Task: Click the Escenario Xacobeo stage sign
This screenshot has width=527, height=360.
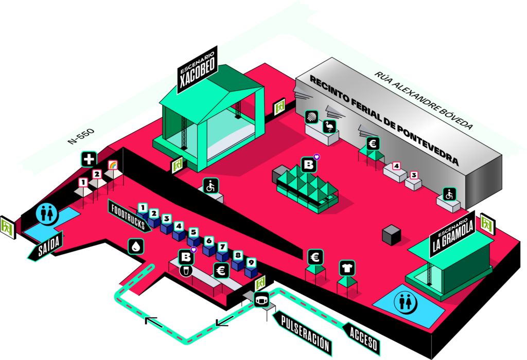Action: [198, 69]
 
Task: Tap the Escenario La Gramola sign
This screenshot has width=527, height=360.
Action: [453, 235]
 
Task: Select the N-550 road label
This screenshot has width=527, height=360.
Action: [81, 136]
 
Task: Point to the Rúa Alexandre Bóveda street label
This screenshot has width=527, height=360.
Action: [424, 100]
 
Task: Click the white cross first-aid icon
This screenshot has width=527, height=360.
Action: [89, 159]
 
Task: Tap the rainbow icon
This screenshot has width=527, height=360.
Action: [113, 165]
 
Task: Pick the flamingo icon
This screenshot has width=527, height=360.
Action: [329, 127]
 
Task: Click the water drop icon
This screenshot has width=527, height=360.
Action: [136, 246]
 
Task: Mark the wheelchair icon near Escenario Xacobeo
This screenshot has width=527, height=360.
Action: [210, 186]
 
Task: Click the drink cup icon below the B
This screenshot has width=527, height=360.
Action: [186, 271]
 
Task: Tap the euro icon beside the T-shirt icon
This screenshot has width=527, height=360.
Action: [315, 258]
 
